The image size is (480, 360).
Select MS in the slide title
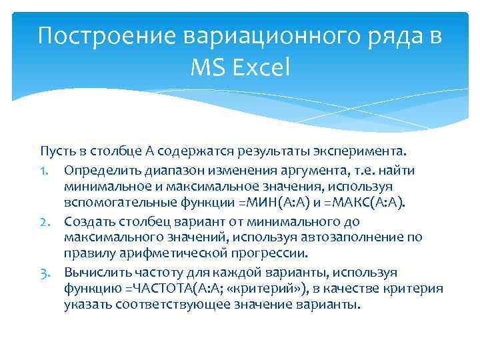pos(208,67)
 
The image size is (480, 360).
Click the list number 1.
pos(47,171)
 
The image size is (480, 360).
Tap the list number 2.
pos(47,221)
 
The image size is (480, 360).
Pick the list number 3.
pos(47,272)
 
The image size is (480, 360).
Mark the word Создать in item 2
pos(89,221)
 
